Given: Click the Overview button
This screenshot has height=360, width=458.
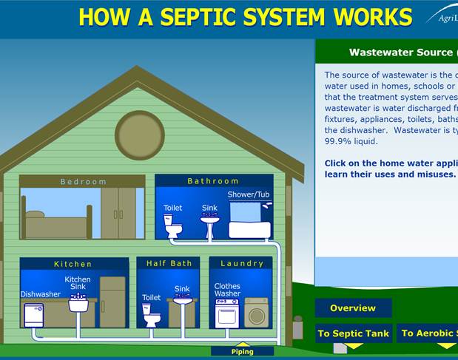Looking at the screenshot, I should click(353, 308).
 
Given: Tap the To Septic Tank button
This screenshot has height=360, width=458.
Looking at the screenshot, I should click(353, 333).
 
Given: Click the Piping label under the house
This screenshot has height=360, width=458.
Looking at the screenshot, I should click(242, 351).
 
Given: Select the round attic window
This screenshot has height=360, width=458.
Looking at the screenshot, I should click(140, 135).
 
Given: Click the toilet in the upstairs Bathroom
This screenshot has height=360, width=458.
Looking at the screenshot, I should click(173, 226).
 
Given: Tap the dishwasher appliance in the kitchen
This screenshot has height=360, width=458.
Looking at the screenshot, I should click(34, 314).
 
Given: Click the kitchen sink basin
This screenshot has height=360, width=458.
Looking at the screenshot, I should click(78, 303).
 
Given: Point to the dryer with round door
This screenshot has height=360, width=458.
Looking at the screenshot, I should click(257, 313).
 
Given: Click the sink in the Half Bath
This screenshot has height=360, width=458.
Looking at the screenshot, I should click(182, 300).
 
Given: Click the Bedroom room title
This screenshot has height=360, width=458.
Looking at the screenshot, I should click(83, 181).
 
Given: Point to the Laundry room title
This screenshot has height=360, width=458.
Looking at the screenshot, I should click(241, 263).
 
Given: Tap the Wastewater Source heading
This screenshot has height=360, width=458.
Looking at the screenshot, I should click(400, 52).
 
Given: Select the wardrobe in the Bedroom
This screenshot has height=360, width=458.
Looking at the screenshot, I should click(118, 213).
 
